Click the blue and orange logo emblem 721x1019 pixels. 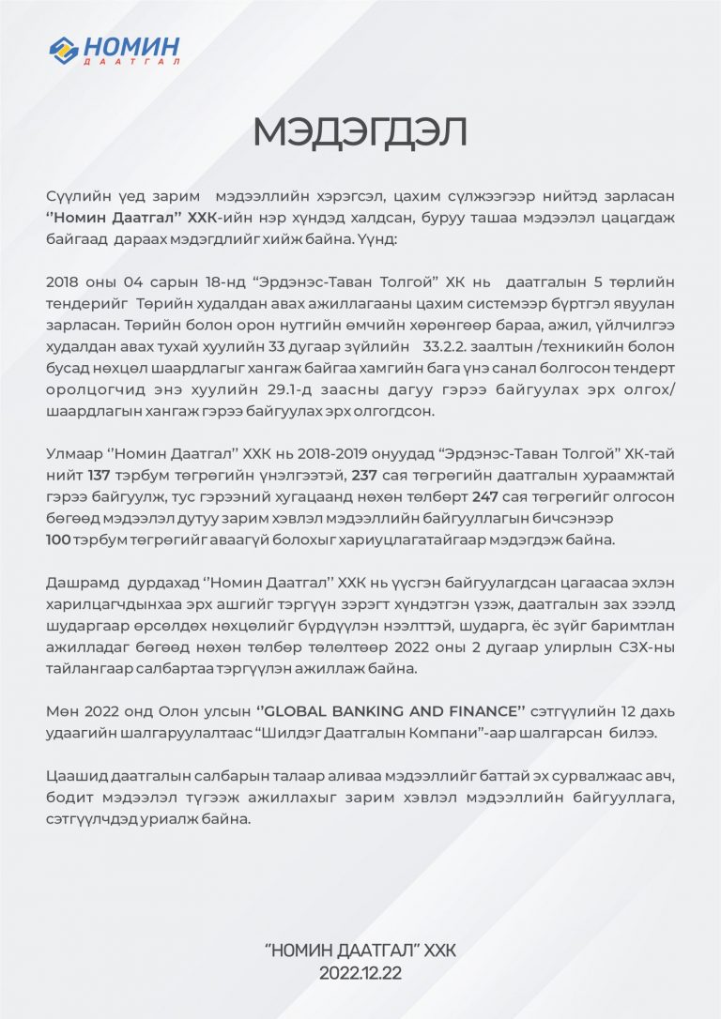[64, 49]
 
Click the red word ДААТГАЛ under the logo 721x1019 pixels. [130, 62]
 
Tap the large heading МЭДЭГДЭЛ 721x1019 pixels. [360, 132]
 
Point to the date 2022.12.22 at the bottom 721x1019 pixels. [360, 973]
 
